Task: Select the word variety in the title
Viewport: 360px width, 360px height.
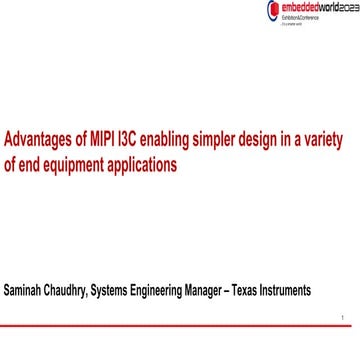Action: pos(328,140)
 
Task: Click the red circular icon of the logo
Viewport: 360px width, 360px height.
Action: pos(272,9)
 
